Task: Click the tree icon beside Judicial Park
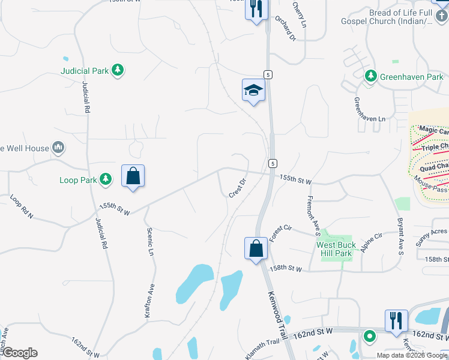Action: [x=119, y=70]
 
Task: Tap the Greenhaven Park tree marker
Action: [x=371, y=76]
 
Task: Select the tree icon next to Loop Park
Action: [x=106, y=179]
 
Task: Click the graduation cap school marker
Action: [x=253, y=91]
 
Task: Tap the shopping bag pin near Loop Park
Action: [x=133, y=177]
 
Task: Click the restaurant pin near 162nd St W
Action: [x=396, y=321]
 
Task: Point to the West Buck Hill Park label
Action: [x=336, y=249]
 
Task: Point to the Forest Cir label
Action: [x=280, y=233]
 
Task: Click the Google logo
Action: [x=20, y=353]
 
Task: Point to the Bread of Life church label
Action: [x=402, y=17]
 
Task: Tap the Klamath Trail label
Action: [x=265, y=342]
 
